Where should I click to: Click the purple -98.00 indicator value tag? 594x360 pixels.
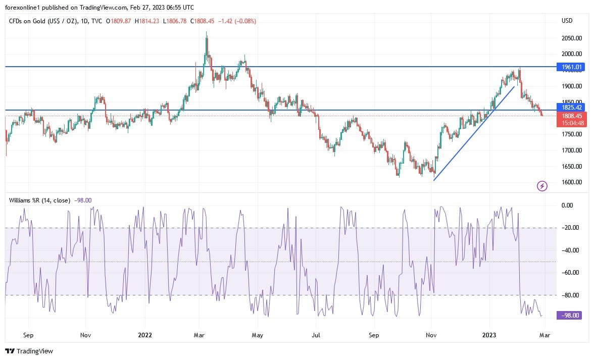point(571,315)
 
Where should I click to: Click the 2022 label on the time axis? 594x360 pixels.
point(145,335)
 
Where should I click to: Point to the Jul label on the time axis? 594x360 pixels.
point(316,335)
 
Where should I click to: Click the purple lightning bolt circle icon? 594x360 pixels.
point(542,186)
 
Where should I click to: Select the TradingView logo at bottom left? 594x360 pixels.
point(29,351)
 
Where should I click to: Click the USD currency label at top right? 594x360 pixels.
point(567,21)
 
